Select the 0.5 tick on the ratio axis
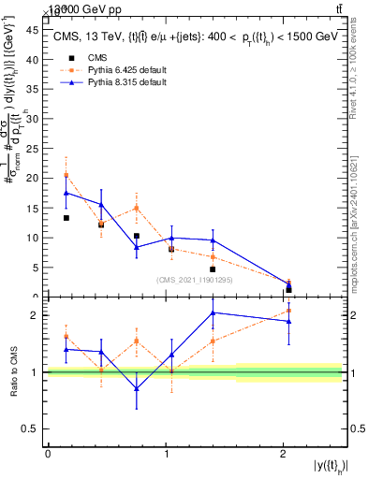click(x=34, y=428)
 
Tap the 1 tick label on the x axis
click(x=166, y=455)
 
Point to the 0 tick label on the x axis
click(x=48, y=455)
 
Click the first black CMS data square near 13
click(x=66, y=218)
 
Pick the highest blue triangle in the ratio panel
click(x=213, y=312)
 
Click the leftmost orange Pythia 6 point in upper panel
click(x=66, y=175)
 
